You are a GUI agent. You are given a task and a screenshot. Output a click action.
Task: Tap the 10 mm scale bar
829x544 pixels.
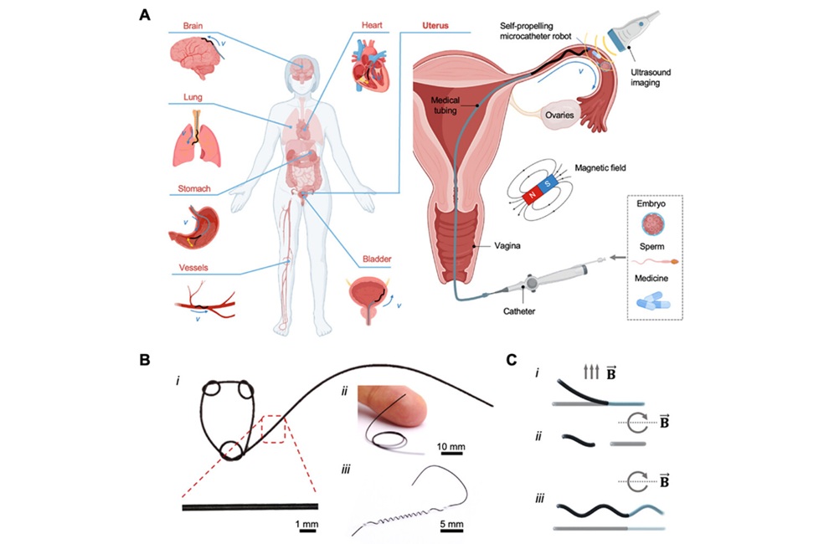point(451,455)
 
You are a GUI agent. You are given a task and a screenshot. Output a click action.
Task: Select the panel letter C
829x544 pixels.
point(512,360)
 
